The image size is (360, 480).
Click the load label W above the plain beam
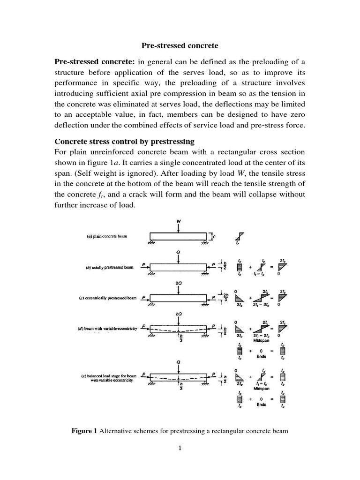(x=179, y=221)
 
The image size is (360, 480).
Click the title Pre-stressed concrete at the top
(x=180, y=46)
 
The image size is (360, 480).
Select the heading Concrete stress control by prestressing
(x=125, y=141)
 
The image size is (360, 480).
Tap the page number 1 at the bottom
(x=180, y=448)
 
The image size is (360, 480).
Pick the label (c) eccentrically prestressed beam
(x=106, y=297)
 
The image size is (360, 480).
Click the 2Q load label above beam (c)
(x=179, y=283)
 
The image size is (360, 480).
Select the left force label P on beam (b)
(x=144, y=264)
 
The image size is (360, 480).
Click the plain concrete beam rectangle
(x=179, y=236)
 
